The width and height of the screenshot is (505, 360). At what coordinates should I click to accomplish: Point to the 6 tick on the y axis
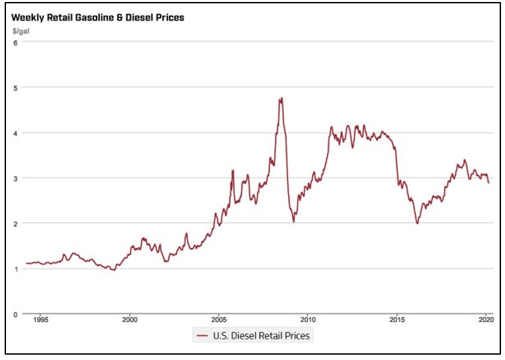(x=15, y=42)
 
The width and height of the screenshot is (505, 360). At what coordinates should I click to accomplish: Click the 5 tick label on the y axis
(x=15, y=87)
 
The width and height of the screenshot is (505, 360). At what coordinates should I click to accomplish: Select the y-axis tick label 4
(x=15, y=132)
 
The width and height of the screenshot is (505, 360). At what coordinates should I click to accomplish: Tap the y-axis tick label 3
(x=15, y=178)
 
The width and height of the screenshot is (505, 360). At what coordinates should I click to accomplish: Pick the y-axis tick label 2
(x=15, y=223)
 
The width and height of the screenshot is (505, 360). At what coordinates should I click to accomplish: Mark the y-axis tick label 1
(x=15, y=268)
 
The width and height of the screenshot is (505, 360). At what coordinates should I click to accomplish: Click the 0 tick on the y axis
(x=15, y=313)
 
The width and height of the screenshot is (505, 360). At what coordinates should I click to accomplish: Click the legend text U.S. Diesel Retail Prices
(x=261, y=335)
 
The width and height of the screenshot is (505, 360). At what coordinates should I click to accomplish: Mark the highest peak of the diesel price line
(x=281, y=98)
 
